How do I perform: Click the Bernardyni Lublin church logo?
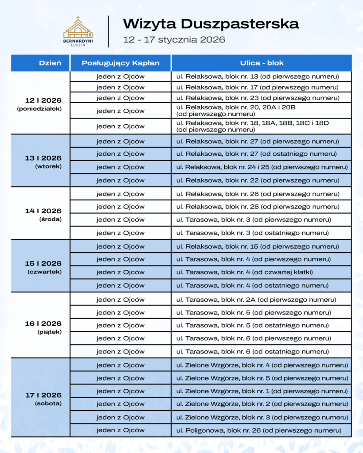pyautogui.click(x=78, y=30)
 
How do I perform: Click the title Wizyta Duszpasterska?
pyautogui.click(x=211, y=23)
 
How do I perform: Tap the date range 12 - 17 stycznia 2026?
pyautogui.click(x=174, y=39)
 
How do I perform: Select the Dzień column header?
pyautogui.click(x=47, y=63)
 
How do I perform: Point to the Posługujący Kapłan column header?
pyautogui.click(x=120, y=63)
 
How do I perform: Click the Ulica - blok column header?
pyautogui.click(x=262, y=63)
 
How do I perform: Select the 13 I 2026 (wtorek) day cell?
pyautogui.click(x=40, y=161)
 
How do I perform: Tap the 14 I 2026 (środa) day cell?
pyautogui.click(x=40, y=214)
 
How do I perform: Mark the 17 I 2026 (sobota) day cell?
pyautogui.click(x=40, y=398)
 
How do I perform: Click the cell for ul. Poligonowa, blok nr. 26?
pyautogui.click(x=259, y=430)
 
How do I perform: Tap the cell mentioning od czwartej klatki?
pyautogui.click(x=253, y=273)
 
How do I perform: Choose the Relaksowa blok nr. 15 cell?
pyautogui.click(x=258, y=246)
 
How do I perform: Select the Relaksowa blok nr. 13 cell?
pyautogui.click(x=258, y=76)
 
